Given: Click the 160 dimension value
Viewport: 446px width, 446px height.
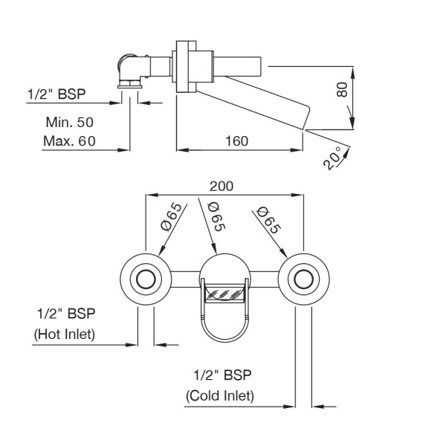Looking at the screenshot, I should [x=236, y=140].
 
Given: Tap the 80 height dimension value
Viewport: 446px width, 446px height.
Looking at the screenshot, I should [x=342, y=90].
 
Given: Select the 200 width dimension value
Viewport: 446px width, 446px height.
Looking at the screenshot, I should [x=222, y=185].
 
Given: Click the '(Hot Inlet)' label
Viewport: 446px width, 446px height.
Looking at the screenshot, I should [x=65, y=334].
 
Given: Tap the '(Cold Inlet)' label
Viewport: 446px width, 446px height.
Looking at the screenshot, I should [x=220, y=395].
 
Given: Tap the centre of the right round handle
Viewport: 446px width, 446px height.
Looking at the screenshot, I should [x=303, y=279].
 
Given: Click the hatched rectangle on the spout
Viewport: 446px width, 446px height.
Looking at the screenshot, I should [x=224, y=293].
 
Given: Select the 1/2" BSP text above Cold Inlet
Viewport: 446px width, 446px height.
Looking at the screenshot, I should [x=220, y=375].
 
